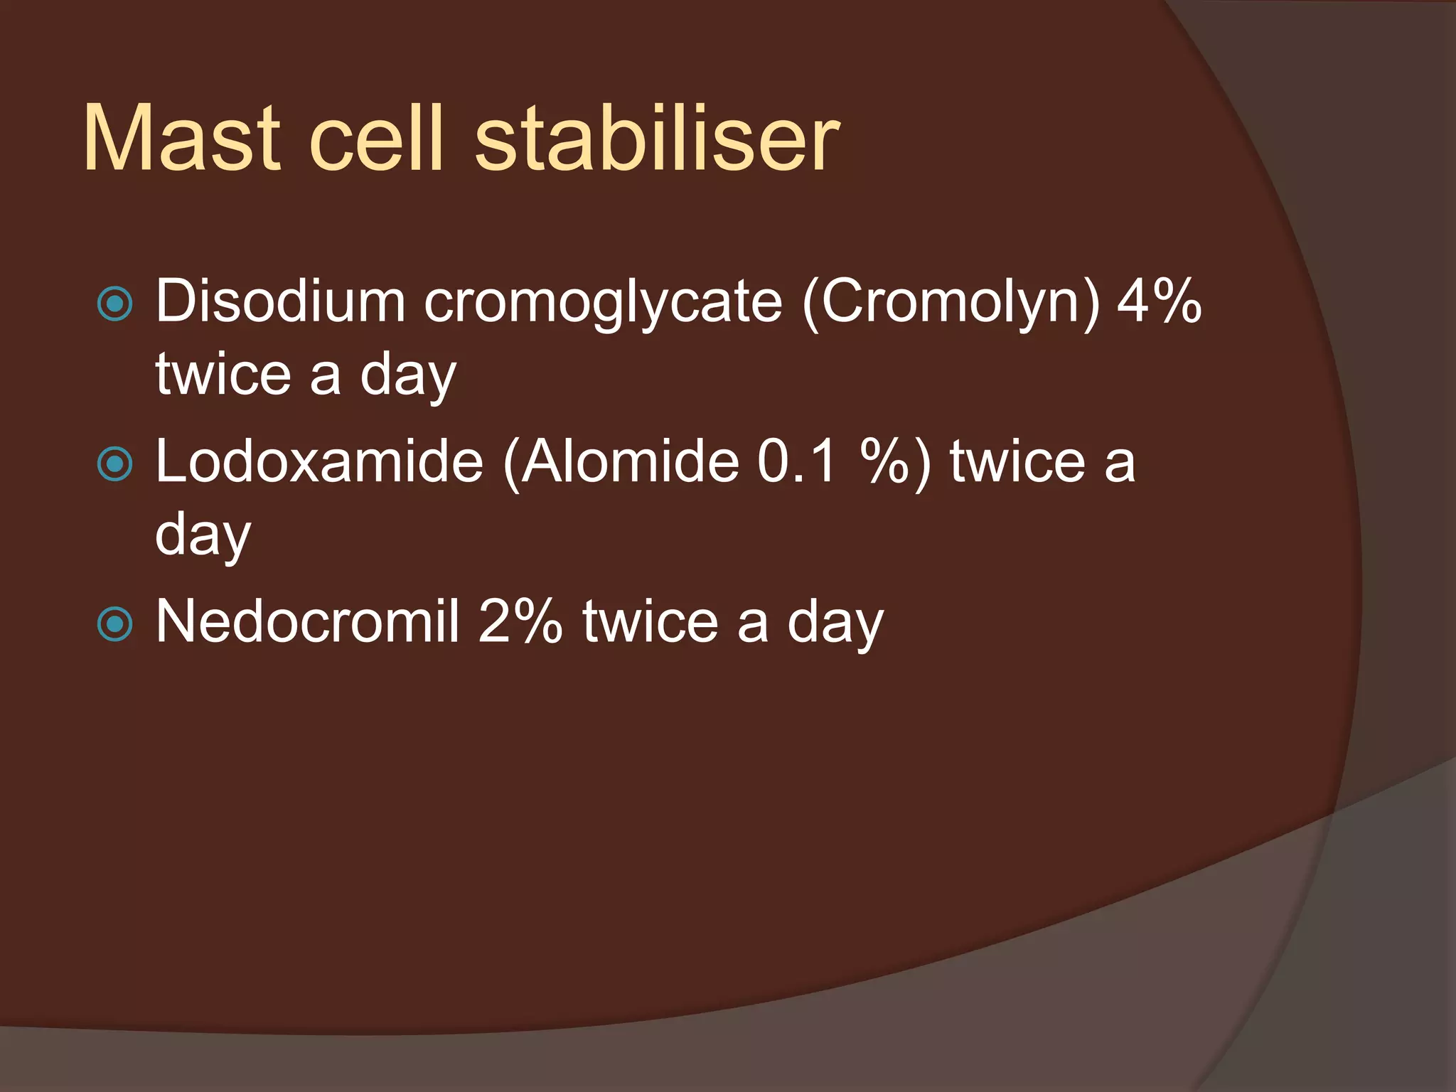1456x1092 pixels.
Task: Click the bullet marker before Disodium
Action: coord(114,304)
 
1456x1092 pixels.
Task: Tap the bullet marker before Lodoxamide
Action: coord(114,464)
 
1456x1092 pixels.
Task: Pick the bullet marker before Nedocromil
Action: coord(114,624)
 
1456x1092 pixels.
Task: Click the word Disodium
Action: coord(280,301)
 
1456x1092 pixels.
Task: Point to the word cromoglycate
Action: coord(603,303)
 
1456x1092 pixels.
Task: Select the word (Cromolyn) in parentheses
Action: coord(951,303)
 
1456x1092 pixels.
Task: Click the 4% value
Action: coord(1159,301)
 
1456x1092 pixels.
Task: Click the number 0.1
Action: coord(797,461)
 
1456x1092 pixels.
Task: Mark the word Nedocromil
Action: coord(307,621)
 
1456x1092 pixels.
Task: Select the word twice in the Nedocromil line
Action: coord(651,621)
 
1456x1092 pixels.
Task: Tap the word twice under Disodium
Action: coord(223,374)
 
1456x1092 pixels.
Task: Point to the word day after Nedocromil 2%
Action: coord(835,624)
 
